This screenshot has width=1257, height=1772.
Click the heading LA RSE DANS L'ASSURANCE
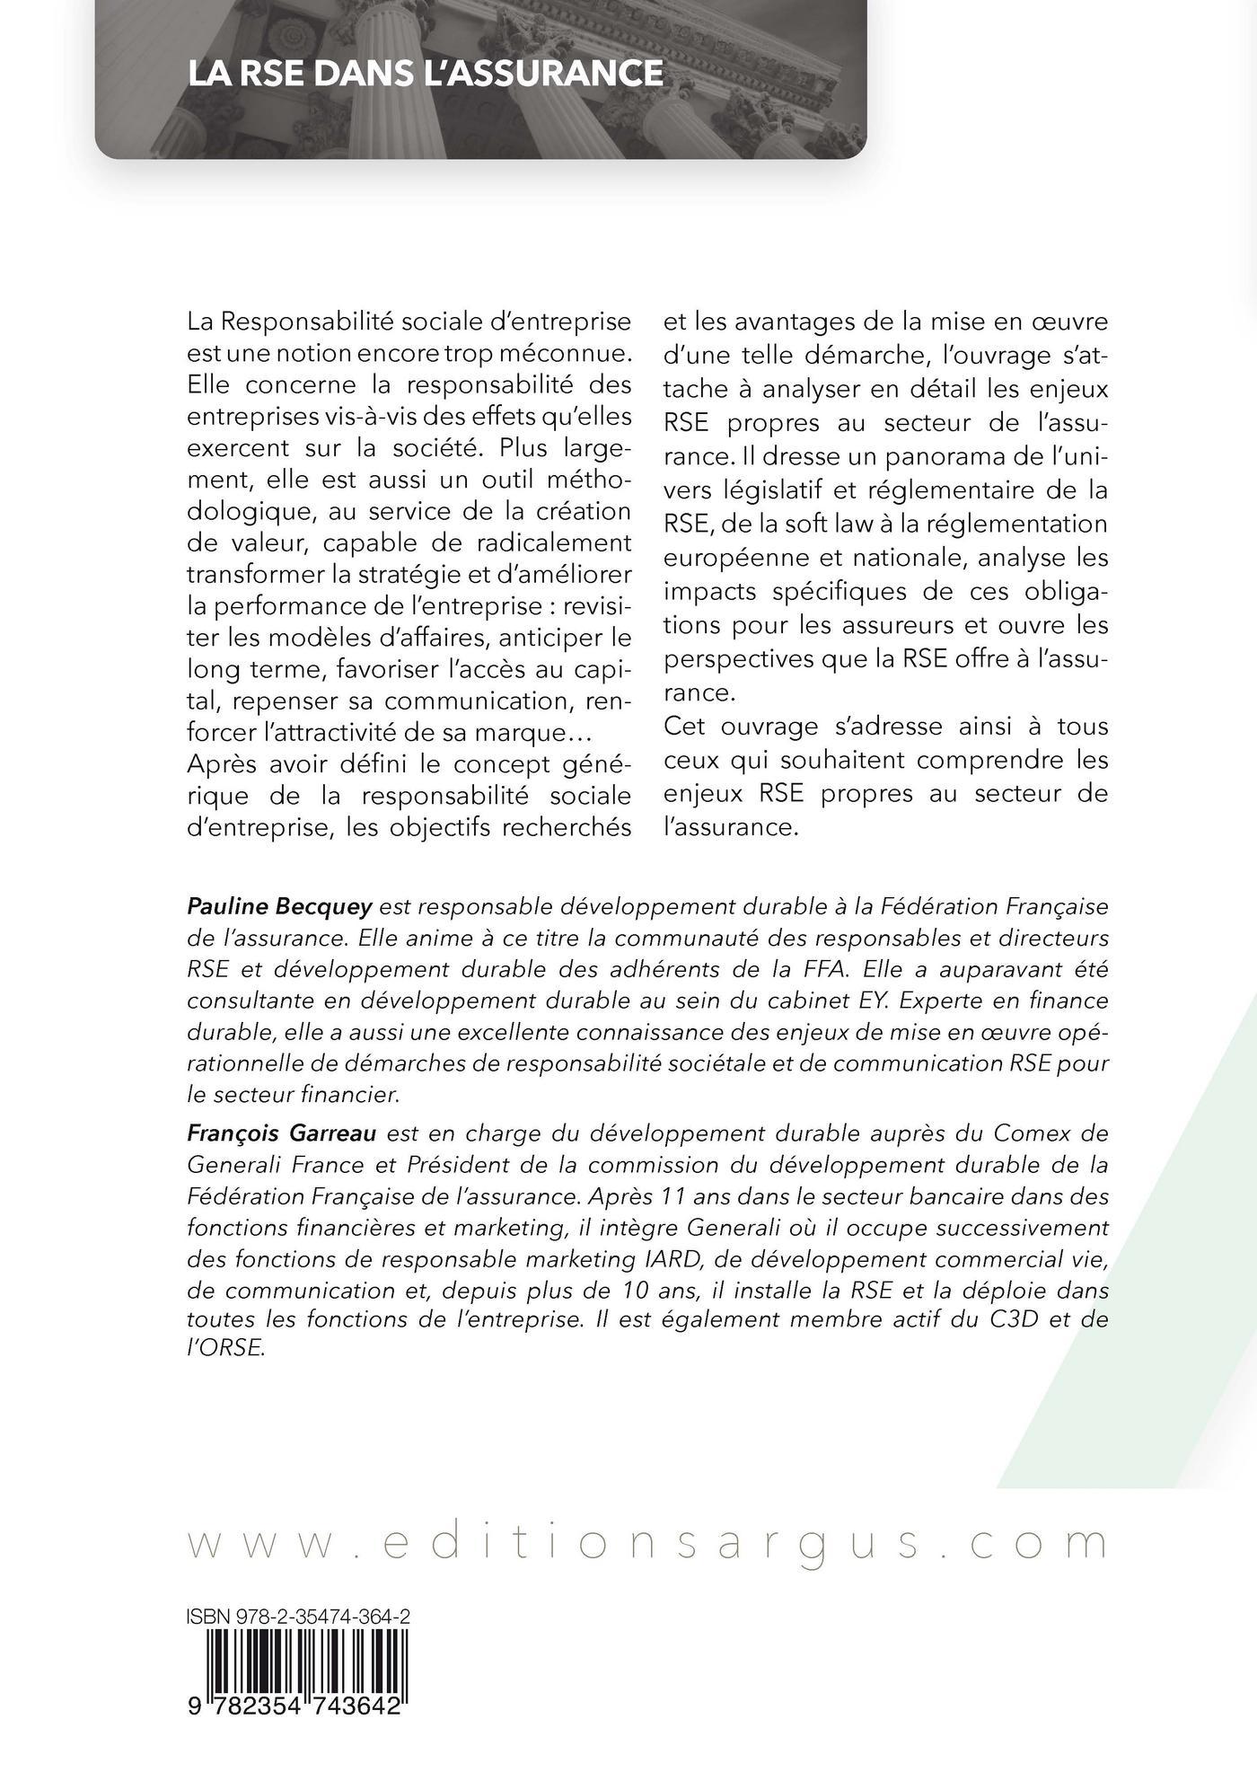(426, 74)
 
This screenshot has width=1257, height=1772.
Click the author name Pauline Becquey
(278, 907)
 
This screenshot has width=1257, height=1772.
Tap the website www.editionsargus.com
(646, 1469)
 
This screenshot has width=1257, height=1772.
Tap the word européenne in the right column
(732, 557)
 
